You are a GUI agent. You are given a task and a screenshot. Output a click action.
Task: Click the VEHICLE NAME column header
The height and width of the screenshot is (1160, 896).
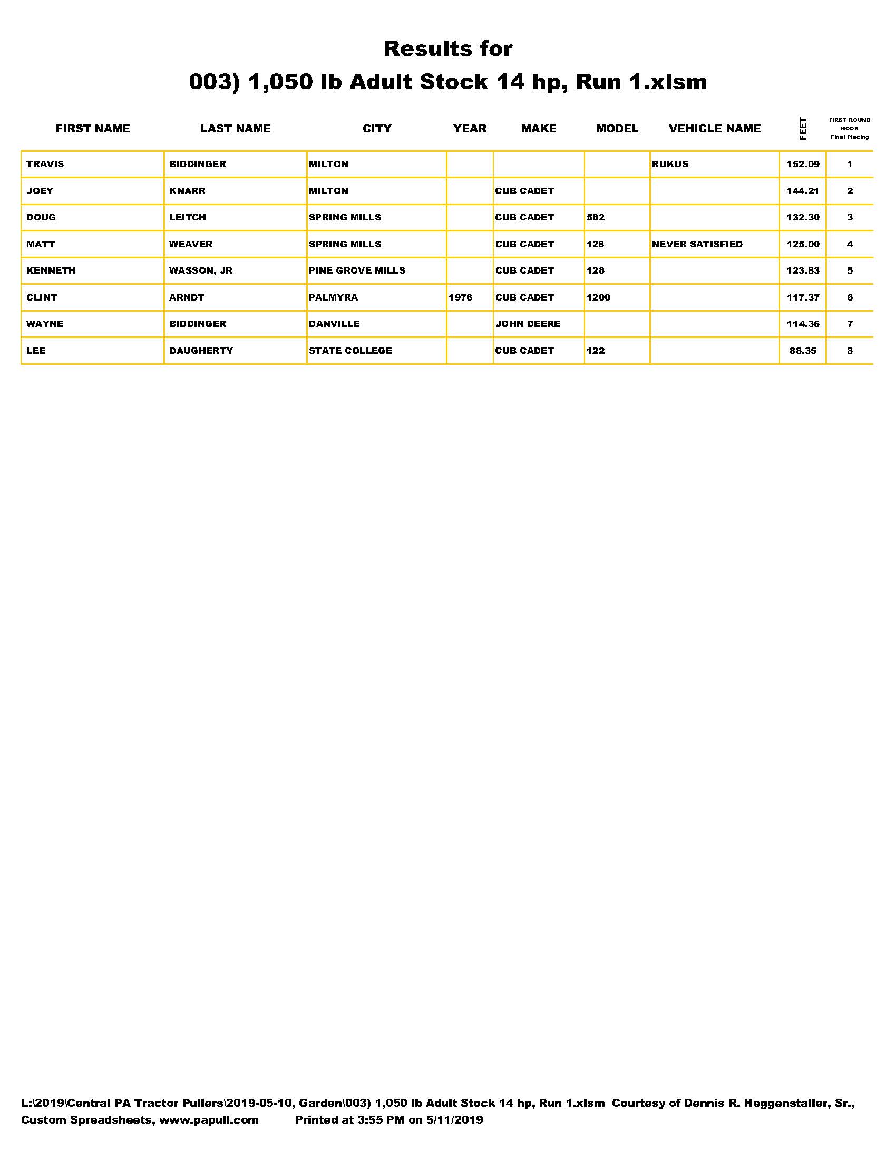point(715,129)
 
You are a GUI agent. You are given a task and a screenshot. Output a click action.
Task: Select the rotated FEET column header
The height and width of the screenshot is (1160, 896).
point(803,129)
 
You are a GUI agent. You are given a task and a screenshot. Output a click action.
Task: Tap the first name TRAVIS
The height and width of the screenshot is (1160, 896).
point(45,164)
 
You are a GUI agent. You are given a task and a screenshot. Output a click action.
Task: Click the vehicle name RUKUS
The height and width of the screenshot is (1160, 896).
point(670,164)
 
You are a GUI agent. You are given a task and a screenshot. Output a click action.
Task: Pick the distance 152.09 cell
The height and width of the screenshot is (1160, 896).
point(803,164)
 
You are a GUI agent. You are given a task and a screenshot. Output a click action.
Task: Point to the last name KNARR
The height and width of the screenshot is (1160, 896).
point(188,191)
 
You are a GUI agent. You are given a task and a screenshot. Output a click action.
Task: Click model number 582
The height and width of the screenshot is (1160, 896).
point(596,217)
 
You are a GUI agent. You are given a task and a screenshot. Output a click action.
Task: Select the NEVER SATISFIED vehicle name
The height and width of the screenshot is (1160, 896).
point(697,244)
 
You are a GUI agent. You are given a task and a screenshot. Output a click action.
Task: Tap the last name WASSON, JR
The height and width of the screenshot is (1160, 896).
point(201,270)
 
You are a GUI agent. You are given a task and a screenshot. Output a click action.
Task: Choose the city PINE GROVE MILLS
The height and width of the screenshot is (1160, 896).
point(357,270)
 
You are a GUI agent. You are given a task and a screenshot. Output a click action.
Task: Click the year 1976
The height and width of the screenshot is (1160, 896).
point(460,297)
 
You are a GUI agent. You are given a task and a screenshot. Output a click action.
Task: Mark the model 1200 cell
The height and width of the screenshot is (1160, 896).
point(598,297)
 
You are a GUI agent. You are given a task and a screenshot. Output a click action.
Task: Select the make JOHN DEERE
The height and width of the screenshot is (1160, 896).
point(528,324)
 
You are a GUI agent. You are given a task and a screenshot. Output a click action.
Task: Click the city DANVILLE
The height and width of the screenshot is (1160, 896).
point(334,324)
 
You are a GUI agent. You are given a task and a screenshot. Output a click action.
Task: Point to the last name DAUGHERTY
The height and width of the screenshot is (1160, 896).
point(201,351)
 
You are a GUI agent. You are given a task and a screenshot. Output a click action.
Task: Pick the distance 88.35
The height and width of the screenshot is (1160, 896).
point(803,351)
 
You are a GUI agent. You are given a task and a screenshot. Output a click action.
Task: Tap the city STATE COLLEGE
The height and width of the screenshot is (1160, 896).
point(350,351)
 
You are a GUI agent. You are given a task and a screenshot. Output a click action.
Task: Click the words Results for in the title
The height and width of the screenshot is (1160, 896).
point(447,49)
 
